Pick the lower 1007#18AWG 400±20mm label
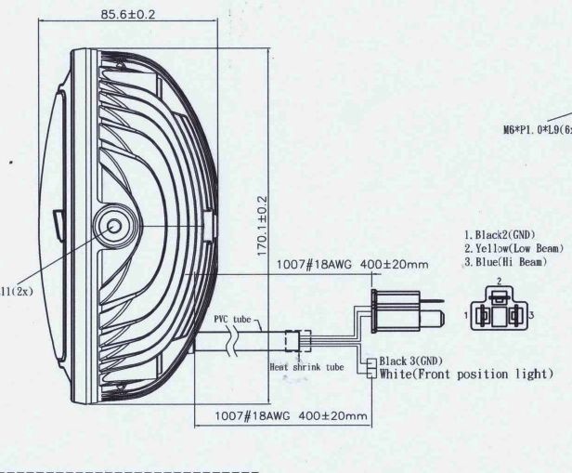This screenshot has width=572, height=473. pos(291,415)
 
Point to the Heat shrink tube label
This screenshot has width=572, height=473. pos(306,367)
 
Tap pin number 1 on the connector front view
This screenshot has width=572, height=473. pos(467,317)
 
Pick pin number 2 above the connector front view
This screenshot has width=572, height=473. pos(499,280)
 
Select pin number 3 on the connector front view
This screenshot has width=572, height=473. pos(532,317)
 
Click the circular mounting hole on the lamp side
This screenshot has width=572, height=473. pos(116,224)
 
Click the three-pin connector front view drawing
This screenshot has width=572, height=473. pos(500,311)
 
